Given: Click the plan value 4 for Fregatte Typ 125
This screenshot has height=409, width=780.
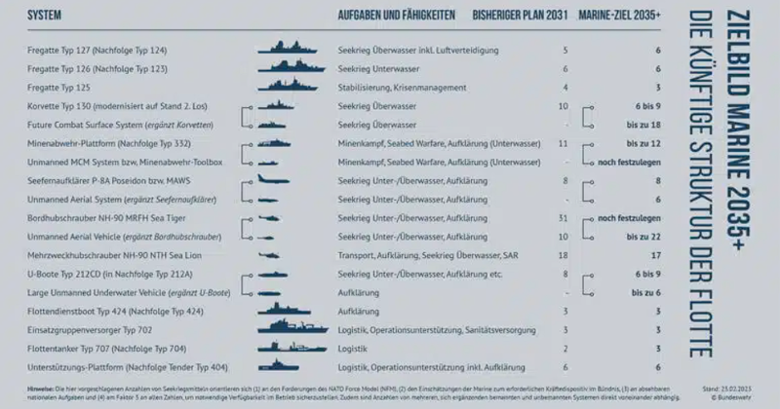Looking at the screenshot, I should (565, 88).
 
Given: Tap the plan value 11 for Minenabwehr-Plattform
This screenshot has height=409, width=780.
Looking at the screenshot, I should (563, 143).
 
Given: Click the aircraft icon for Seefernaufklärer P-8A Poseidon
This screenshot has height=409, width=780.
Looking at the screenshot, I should (287, 180).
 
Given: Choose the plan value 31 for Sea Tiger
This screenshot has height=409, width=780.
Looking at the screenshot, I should (563, 217).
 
